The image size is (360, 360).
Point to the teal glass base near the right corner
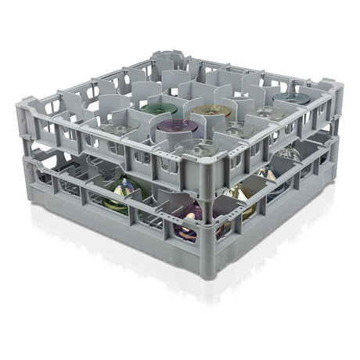click(293, 99)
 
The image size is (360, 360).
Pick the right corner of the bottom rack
click(333, 157)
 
